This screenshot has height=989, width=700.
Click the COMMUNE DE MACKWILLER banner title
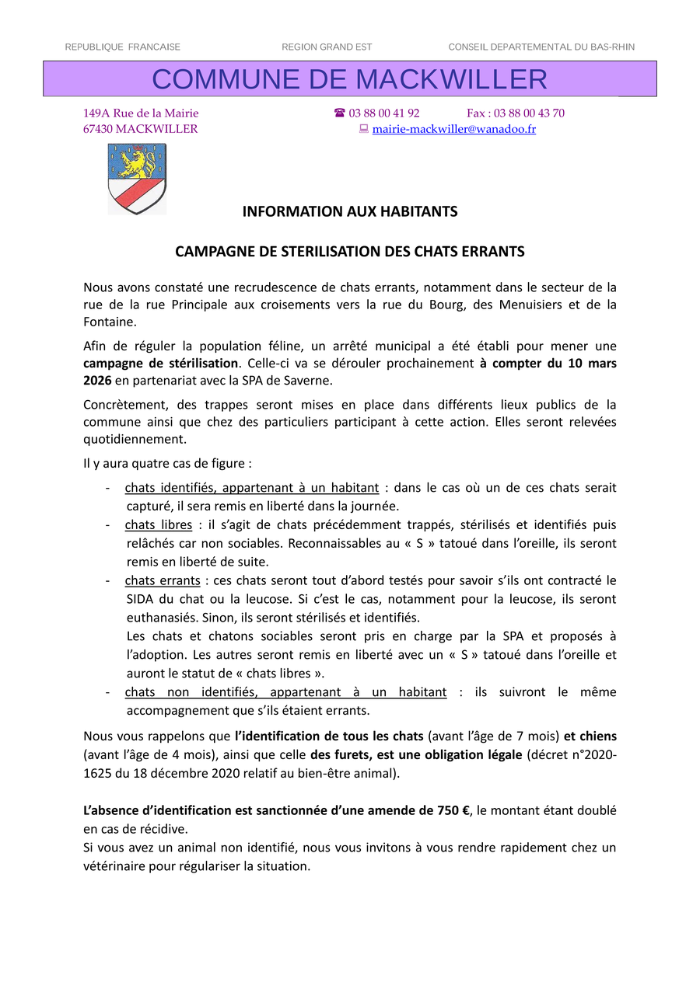coord(350,79)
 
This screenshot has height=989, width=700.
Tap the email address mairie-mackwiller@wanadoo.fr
coord(454,129)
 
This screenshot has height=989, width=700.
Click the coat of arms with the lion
coord(137,179)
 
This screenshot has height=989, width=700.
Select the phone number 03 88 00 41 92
coord(384,113)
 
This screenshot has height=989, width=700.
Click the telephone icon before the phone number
coord(340,113)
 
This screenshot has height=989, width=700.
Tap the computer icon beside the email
coord(363,129)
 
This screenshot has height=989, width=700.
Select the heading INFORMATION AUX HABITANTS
coord(350,211)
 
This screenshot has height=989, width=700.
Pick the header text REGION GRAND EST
coord(327,47)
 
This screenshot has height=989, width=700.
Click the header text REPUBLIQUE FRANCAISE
coord(123,47)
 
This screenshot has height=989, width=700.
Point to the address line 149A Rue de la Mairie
coord(141,113)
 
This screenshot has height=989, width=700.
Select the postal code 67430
coord(98,129)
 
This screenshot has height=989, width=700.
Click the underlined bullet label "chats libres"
coord(159,524)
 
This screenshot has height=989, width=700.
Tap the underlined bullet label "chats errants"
coord(163,580)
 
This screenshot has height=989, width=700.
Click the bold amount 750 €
coord(448,810)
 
